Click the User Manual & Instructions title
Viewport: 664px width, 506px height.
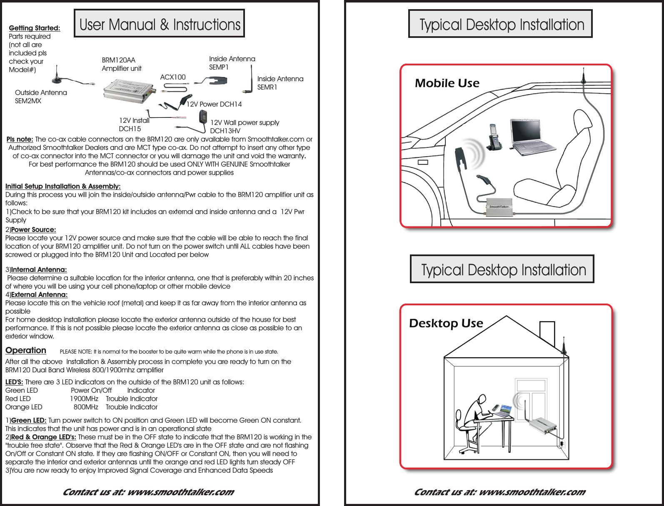(x=160, y=24)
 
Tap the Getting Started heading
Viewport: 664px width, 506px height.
(x=35, y=28)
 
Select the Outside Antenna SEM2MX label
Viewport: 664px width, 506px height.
(x=41, y=97)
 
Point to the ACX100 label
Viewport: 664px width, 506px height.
(x=173, y=77)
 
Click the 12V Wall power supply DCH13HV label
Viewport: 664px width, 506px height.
(x=245, y=126)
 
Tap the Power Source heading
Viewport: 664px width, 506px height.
(x=33, y=229)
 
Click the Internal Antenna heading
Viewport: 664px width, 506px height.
(x=39, y=269)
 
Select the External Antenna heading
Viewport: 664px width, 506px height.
(x=39, y=294)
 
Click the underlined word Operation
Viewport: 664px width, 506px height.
(x=26, y=350)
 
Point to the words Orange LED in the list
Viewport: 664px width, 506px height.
(x=24, y=407)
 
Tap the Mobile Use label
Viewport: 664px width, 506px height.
(x=447, y=83)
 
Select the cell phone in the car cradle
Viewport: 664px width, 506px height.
(x=494, y=138)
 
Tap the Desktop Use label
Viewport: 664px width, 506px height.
(x=446, y=323)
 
